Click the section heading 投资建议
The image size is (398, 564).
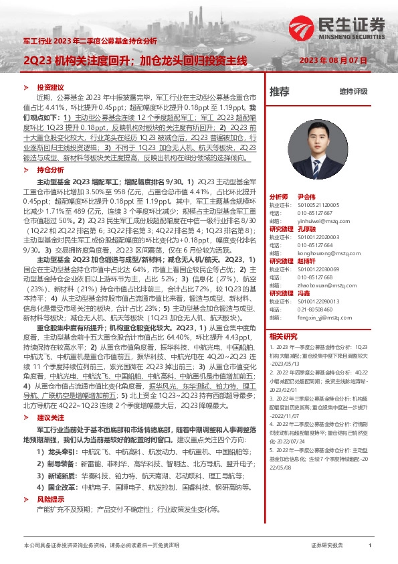click(x=50, y=88)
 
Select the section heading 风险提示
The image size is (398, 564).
click(x=50, y=499)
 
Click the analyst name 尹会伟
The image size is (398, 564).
click(x=305, y=196)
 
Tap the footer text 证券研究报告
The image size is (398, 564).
click(x=328, y=546)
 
